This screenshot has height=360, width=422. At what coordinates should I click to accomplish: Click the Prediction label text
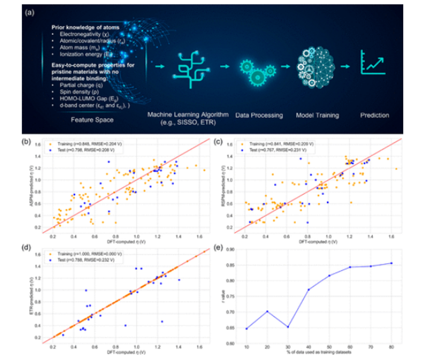374,115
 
